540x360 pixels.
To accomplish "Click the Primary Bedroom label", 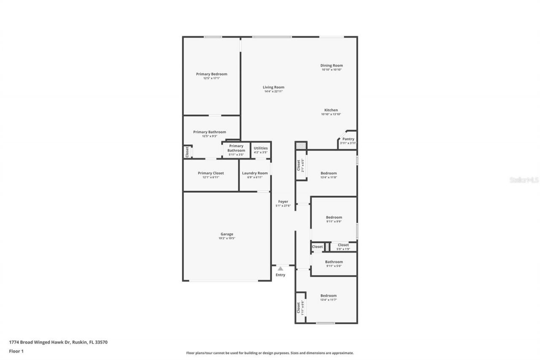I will pyautogui.click(x=211, y=74).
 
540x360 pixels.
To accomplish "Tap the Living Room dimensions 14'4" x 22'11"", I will pyautogui.click(x=273, y=91).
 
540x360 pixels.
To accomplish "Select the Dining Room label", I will pyautogui.click(x=332, y=65).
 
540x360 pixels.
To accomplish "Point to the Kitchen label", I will pyautogui.click(x=331, y=110).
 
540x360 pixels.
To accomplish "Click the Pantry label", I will pyautogui.click(x=348, y=139).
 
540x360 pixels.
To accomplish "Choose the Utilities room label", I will pyautogui.click(x=261, y=148).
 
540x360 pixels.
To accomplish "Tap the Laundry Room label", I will pyautogui.click(x=255, y=173).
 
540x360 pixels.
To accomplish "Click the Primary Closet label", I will pyautogui.click(x=211, y=173).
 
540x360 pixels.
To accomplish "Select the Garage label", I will pyautogui.click(x=227, y=234).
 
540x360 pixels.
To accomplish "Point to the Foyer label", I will pyautogui.click(x=283, y=202).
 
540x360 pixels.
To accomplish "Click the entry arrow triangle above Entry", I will pyautogui.click(x=281, y=268).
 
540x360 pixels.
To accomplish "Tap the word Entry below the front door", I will pyautogui.click(x=281, y=275).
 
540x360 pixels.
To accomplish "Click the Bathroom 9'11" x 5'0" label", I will pyautogui.click(x=334, y=262).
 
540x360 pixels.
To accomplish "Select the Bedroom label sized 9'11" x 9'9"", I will pyautogui.click(x=334, y=217).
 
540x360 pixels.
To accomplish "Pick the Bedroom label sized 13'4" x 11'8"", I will pyautogui.click(x=329, y=173).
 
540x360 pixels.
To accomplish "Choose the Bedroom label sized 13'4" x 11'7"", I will pyautogui.click(x=329, y=295).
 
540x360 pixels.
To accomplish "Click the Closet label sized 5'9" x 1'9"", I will pyautogui.click(x=343, y=245).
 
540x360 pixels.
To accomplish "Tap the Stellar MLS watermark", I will pyautogui.click(x=524, y=180).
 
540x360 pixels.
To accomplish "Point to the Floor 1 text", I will pyautogui.click(x=16, y=351).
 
